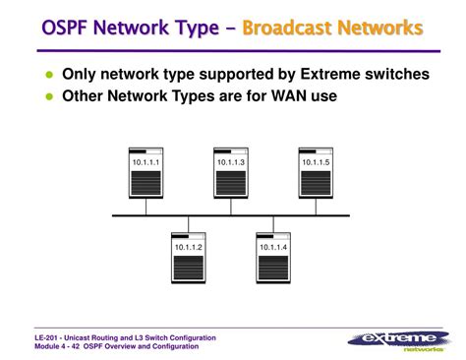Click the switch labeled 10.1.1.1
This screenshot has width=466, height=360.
click(x=146, y=171)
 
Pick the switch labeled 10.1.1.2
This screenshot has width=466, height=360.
click(x=188, y=257)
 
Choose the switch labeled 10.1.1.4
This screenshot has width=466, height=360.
click(x=272, y=257)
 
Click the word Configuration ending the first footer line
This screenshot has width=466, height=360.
click(x=192, y=337)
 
